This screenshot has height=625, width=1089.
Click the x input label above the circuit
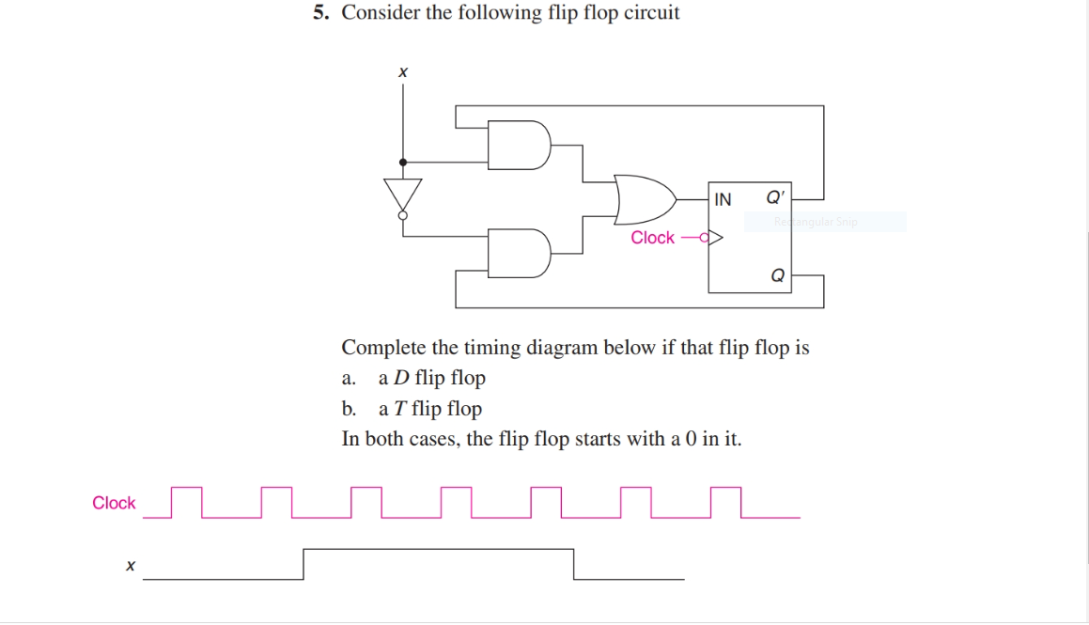pos(403,71)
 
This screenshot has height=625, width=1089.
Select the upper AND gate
pos(518,145)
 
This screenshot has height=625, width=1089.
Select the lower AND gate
pos(518,252)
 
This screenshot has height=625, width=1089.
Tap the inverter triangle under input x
pos(403,195)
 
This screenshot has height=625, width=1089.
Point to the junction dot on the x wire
pos(403,162)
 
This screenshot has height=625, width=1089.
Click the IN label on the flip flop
pos(723,199)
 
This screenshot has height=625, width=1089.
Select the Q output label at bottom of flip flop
pos(777,275)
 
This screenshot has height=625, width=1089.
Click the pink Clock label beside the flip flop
pos(652,238)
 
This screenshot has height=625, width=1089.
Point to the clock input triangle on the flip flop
pos(716,238)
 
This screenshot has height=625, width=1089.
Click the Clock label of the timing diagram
pos(114,503)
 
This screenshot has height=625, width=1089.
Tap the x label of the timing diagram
pos(130,566)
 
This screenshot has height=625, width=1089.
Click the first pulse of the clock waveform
pos(187,502)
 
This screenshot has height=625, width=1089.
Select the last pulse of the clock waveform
pos(726,502)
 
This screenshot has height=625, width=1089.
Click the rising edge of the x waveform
pos(303,564)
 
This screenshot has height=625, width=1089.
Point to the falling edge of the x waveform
pos(573,564)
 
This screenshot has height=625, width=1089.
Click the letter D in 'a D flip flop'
pos(400,379)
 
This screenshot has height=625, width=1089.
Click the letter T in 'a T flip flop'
pos(399,409)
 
